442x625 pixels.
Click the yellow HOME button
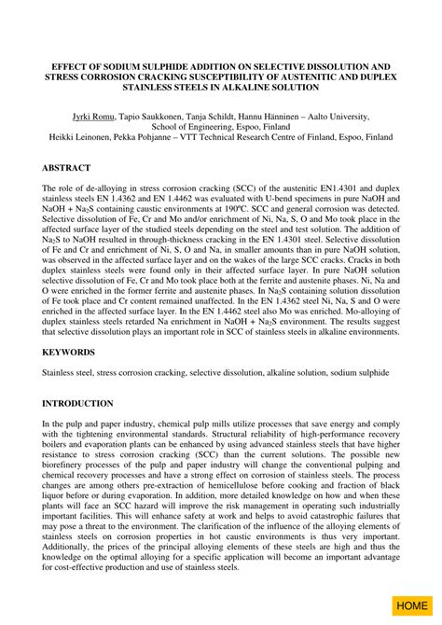tap(411, 605)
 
